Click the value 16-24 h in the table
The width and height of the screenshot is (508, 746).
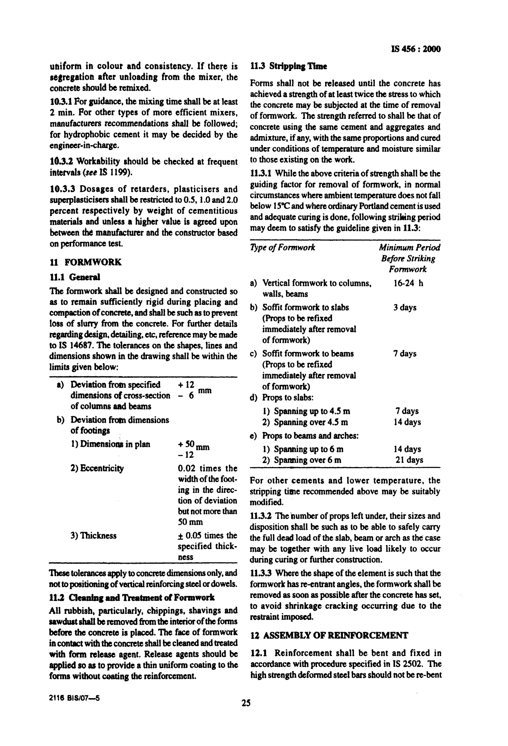point(408,283)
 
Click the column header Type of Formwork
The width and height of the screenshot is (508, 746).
point(282,247)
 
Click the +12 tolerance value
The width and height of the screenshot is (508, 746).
point(186,385)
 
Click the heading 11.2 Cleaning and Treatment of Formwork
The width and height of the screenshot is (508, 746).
point(131,597)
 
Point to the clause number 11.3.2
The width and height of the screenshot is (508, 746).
point(261,516)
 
